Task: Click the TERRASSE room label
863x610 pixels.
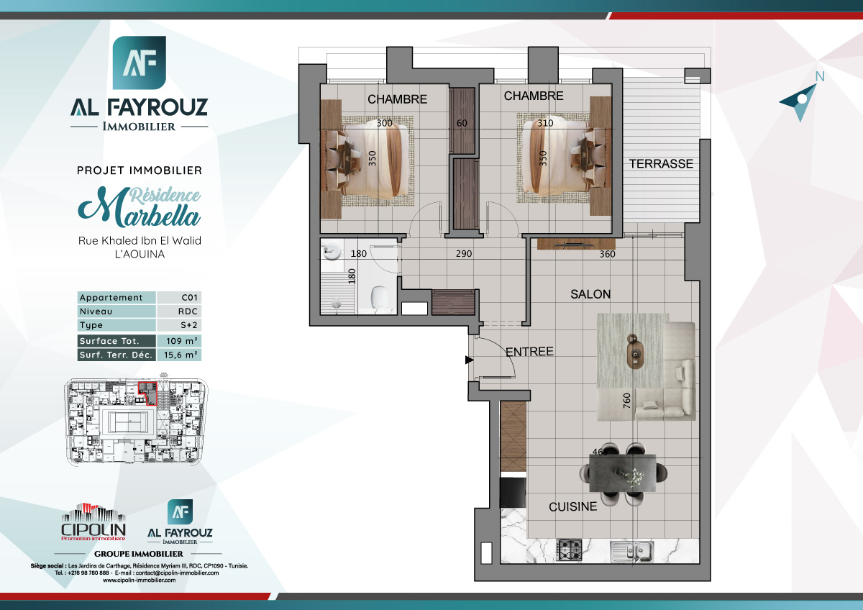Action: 662,164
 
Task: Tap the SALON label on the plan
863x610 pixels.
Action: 590,294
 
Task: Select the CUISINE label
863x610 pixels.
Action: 572,507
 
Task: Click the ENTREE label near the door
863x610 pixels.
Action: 529,352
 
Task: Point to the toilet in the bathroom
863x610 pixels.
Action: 378,297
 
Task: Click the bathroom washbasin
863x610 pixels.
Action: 332,252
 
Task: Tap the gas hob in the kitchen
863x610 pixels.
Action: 572,550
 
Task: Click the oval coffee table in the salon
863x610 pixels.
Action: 635,352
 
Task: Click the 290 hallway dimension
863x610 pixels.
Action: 463,254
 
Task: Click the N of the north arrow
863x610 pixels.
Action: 819,77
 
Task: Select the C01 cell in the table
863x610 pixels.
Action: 189,298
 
